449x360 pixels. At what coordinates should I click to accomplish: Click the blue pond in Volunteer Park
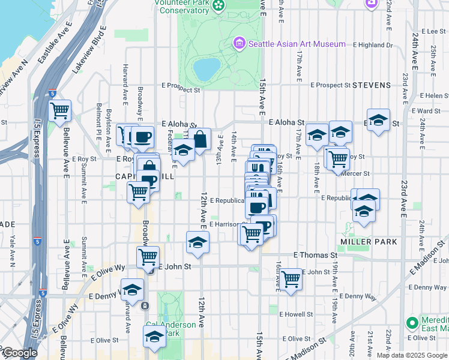coord(205,70)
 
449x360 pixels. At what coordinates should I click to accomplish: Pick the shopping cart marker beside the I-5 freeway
coord(60,110)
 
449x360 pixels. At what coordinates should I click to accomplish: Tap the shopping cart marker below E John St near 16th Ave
coord(291,278)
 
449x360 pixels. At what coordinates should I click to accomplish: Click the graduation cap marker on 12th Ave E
coord(196,242)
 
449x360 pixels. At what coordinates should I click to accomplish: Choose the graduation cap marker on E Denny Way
coord(132,289)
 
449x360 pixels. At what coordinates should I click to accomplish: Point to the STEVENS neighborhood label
coord(372,85)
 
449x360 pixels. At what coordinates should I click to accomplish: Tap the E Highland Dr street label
coord(373,44)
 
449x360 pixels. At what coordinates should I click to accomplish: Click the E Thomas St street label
coord(315,255)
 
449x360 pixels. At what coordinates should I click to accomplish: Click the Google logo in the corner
coord(19,353)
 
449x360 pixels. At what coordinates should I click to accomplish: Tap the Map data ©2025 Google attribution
coord(411,355)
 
